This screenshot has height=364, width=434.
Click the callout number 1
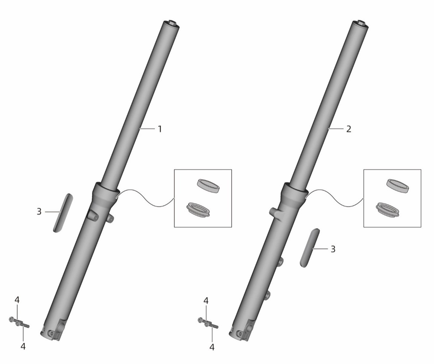pyautogui.click(x=159, y=129)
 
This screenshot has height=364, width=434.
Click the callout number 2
pyautogui.click(x=349, y=129)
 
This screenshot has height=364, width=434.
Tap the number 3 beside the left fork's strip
pyautogui.click(x=39, y=212)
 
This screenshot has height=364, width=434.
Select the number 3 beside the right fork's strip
pyautogui.click(x=333, y=249)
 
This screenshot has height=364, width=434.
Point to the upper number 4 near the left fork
pyautogui.click(x=17, y=300)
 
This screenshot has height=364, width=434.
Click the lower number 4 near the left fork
pyautogui.click(x=23, y=346)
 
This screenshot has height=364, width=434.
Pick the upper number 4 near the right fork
pyautogui.click(x=206, y=301)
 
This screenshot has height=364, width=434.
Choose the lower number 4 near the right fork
pyautogui.click(x=212, y=347)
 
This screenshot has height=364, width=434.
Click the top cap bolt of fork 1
pyautogui.click(x=171, y=23)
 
